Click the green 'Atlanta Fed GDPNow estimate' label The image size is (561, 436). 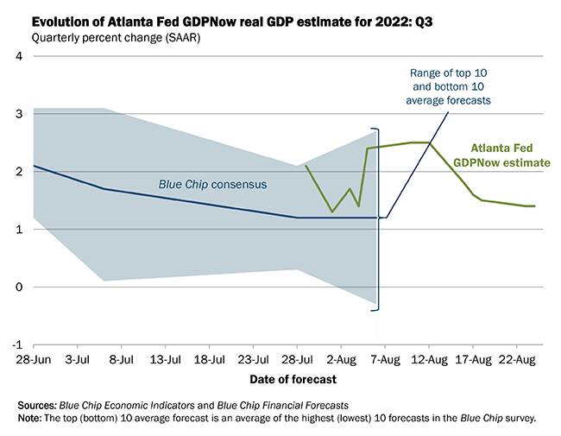509,155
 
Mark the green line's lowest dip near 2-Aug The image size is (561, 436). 332,212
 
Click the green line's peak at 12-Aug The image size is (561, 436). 429,142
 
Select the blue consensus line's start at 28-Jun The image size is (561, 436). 34,166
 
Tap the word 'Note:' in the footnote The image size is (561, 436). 31,418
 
